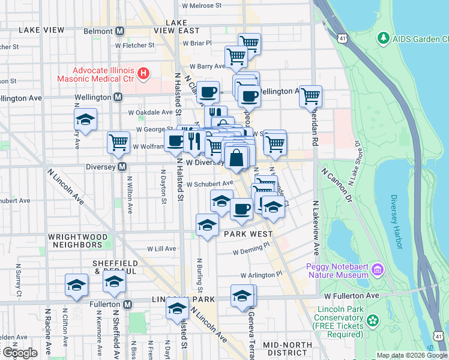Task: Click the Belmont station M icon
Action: coord(120,31)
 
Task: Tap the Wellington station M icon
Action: coord(118,97)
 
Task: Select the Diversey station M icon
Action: coord(122,166)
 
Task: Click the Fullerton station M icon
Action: coord(128,305)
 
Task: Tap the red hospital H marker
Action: coord(143,74)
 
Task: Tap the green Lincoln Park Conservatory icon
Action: coord(373,321)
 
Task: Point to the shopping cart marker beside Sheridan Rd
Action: coord(310,95)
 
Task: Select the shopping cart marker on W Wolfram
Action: coord(118,142)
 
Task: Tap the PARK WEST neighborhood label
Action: coord(248,234)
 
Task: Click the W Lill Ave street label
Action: coord(161,248)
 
